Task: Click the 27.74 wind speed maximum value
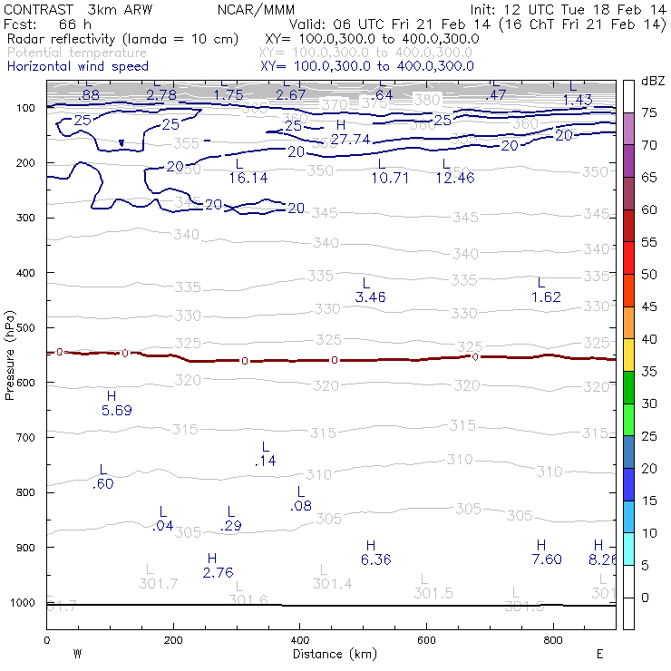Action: coord(350,139)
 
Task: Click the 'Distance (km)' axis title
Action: coord(330,653)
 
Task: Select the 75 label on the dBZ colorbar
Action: coord(649,112)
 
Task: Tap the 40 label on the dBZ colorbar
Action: coord(649,338)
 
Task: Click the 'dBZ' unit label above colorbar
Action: coord(652,82)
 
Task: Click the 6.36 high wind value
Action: coord(375,559)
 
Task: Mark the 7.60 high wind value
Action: coord(547,559)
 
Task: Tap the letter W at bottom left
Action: coord(78,654)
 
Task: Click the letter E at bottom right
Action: coord(599,654)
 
